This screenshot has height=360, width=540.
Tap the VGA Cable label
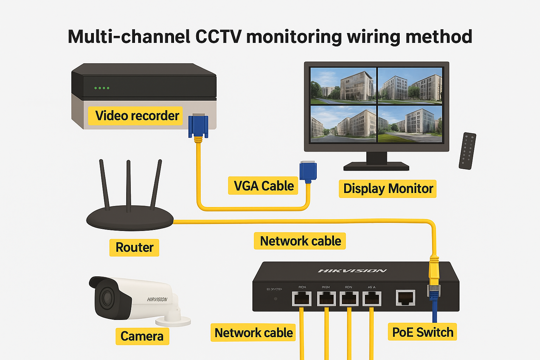click(x=263, y=186)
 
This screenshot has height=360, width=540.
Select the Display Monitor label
click(x=387, y=189)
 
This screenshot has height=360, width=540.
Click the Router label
click(x=134, y=247)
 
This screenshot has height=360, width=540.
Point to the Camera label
click(x=142, y=336)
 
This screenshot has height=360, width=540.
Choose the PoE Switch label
click(x=422, y=332)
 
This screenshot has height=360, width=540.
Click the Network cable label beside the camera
click(x=253, y=333)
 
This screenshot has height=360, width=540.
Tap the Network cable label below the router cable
click(x=300, y=241)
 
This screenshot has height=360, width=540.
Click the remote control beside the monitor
click(x=468, y=151)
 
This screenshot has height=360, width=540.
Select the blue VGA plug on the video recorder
click(x=198, y=126)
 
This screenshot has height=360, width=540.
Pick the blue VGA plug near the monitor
click(x=308, y=171)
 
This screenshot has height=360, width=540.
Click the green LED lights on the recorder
click(x=102, y=88)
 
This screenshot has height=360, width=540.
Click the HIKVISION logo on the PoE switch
click(x=352, y=271)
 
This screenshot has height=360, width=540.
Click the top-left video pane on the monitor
click(x=343, y=86)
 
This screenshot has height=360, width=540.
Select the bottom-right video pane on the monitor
click(x=410, y=124)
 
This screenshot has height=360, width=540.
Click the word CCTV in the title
click(x=218, y=37)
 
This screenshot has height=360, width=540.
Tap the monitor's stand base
click(x=376, y=166)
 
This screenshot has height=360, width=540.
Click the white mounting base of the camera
click(x=173, y=320)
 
